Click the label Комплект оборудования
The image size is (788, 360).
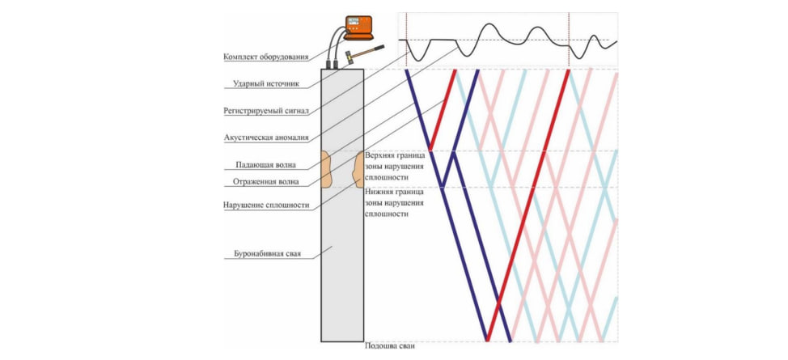click(x=266, y=57)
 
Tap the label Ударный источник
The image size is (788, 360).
click(x=266, y=83)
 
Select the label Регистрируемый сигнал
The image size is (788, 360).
click(x=266, y=111)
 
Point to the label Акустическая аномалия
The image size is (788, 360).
click(x=266, y=138)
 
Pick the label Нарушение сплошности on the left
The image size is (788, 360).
click(x=266, y=205)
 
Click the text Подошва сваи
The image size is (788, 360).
click(x=389, y=347)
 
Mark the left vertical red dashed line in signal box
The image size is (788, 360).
click(x=406, y=36)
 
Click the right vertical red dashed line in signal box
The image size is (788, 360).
click(x=569, y=36)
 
